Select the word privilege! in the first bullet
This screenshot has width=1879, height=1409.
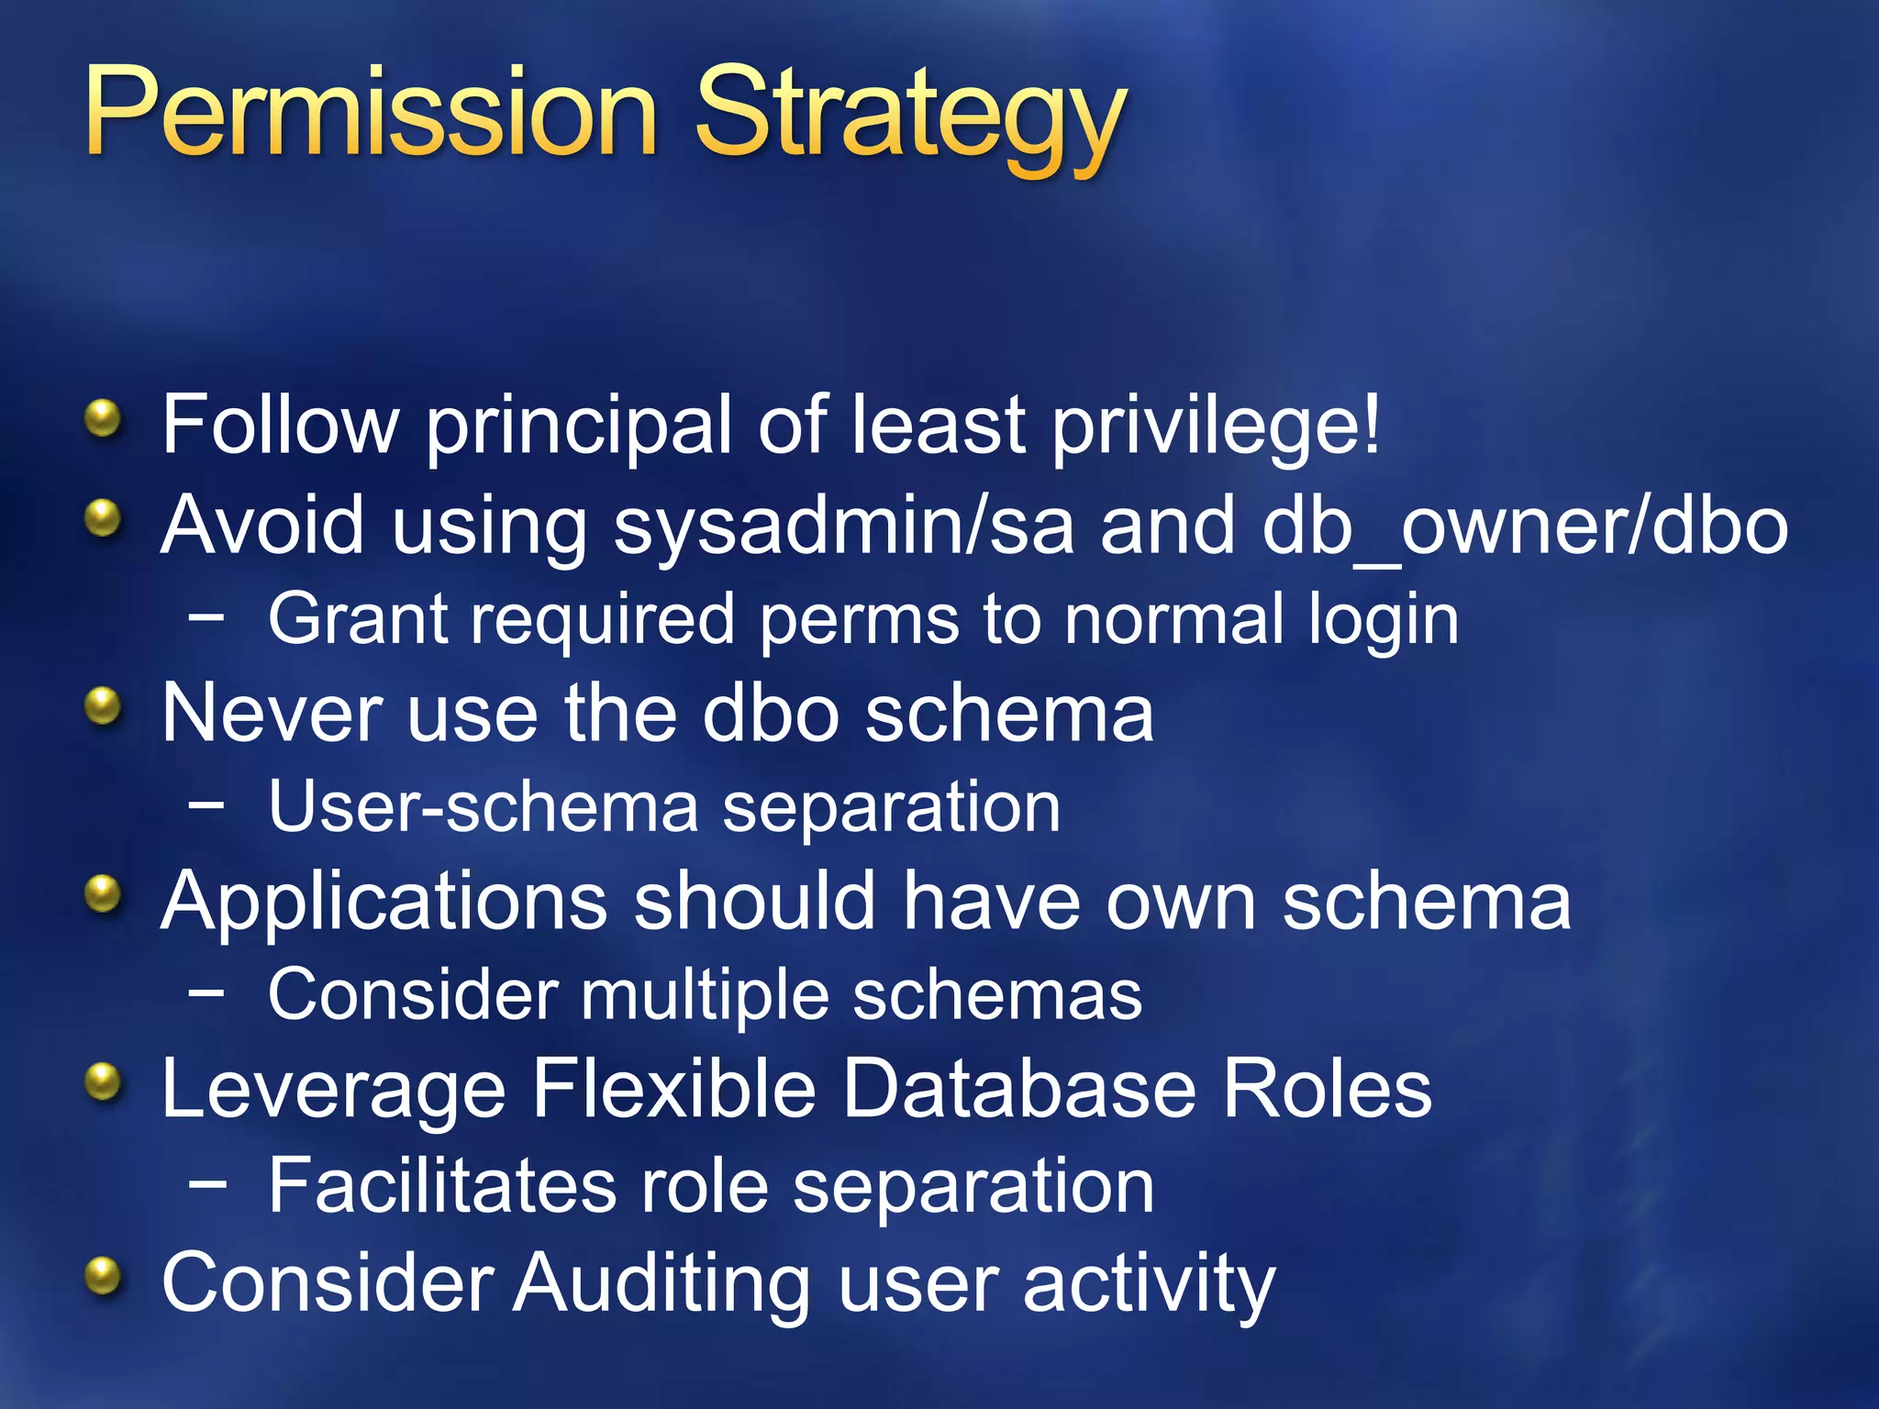1215,426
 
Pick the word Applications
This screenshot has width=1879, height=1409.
384,903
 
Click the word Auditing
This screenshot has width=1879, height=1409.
662,1284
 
